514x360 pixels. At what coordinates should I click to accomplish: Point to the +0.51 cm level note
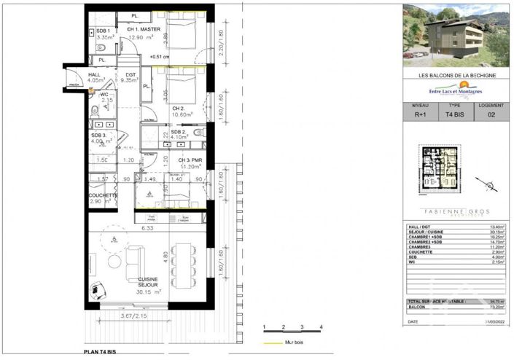159,57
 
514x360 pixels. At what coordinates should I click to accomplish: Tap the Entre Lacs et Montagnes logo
457,90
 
